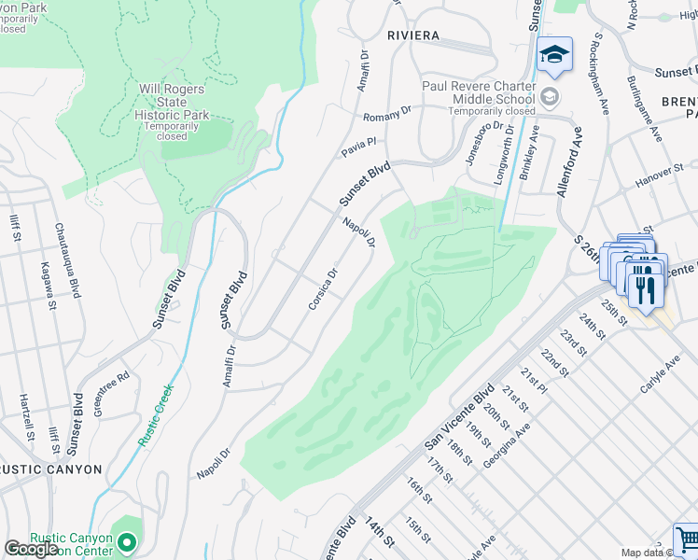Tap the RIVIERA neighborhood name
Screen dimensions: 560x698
[x=412, y=35]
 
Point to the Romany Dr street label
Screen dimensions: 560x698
[x=387, y=115]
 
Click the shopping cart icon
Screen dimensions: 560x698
[x=687, y=539]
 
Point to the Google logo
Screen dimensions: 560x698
[x=31, y=550]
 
